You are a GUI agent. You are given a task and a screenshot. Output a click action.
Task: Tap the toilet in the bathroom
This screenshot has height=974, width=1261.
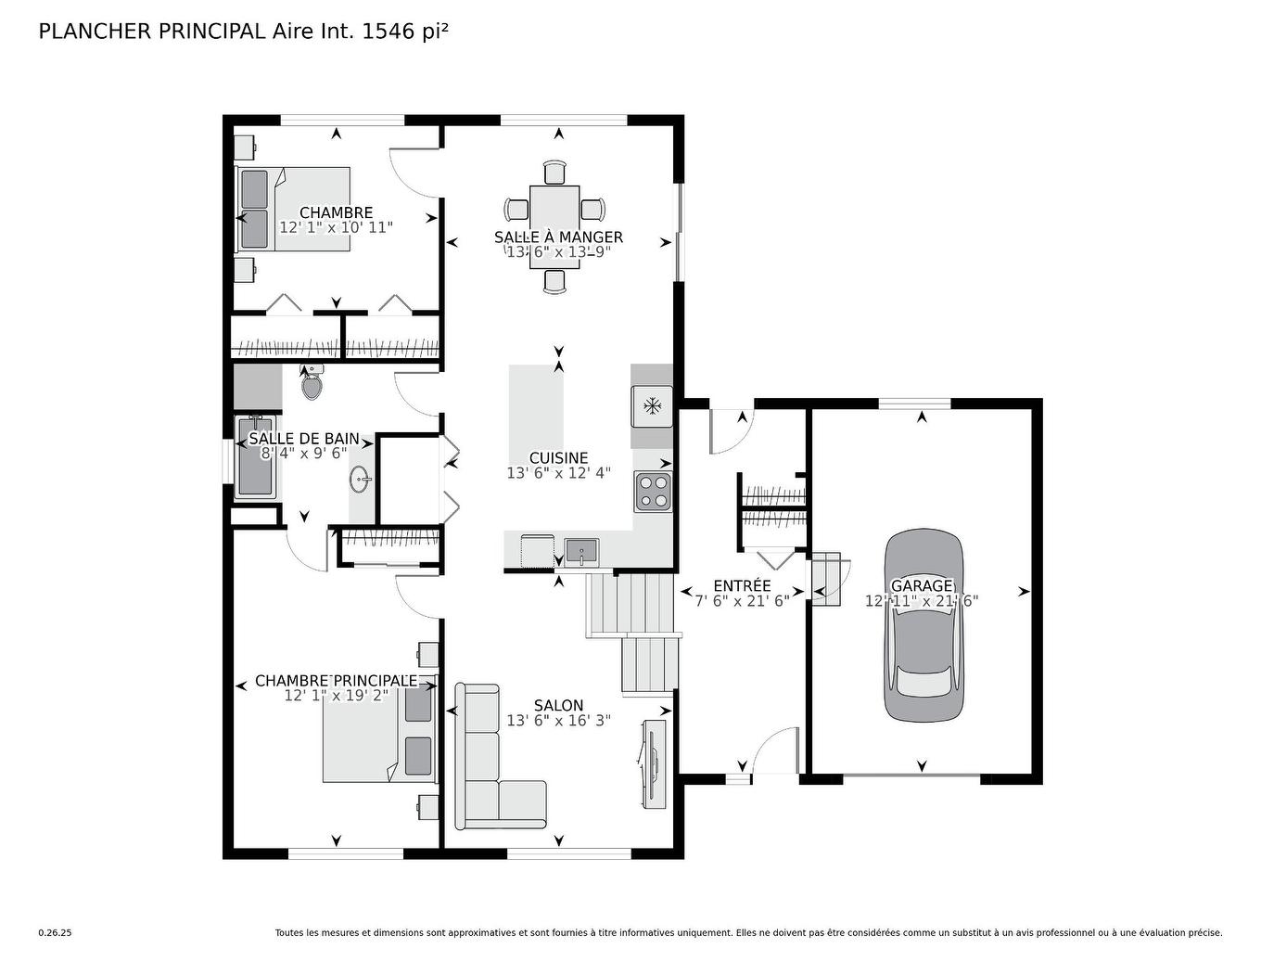coord(312,383)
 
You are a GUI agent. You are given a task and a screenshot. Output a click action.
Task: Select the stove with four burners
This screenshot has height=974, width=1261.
coord(652,492)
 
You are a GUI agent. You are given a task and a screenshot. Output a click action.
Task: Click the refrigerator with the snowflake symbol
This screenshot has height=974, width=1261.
coord(652,405)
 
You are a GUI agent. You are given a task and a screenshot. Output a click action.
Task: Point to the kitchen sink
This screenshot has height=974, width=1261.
coord(581,552)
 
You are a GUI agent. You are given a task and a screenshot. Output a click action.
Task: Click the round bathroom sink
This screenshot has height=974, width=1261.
coord(360,481)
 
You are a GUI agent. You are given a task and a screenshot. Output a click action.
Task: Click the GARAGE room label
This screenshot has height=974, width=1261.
coord(922,585)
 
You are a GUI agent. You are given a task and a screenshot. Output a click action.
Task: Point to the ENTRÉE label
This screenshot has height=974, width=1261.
coord(742,585)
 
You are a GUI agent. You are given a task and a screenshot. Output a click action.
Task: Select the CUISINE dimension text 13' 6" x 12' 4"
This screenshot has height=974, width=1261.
coord(558,473)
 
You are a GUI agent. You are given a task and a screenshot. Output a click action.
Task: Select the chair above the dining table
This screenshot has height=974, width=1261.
coord(554,173)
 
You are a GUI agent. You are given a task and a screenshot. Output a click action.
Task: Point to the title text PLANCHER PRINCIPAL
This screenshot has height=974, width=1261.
coord(152,32)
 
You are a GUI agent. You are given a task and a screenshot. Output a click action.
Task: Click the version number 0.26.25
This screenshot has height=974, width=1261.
coord(55,933)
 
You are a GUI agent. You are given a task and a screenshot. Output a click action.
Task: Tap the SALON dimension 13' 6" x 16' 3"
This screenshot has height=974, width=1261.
coord(558,721)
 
